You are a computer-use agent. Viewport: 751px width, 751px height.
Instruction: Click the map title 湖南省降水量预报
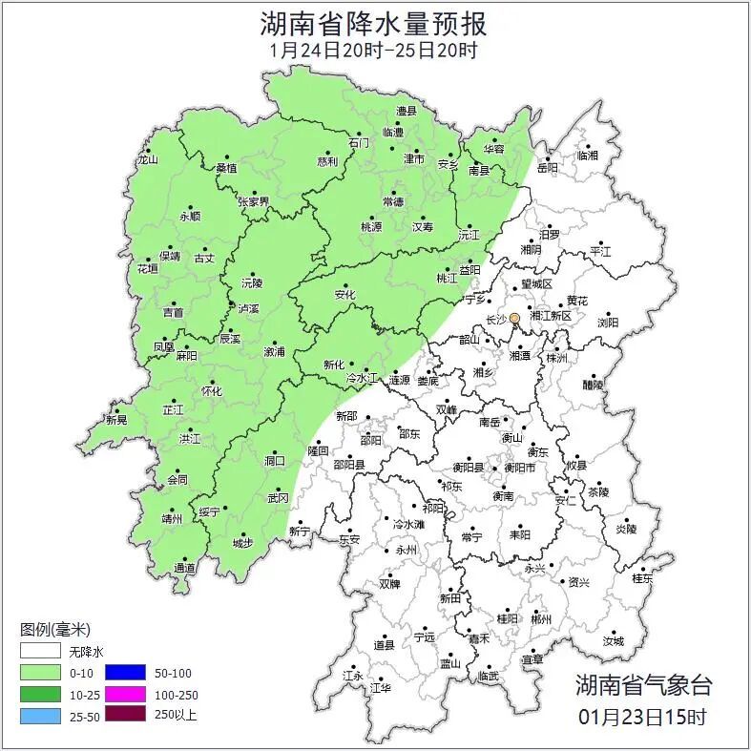[x=374, y=22]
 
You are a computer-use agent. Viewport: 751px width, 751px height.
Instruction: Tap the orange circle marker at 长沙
[x=515, y=318]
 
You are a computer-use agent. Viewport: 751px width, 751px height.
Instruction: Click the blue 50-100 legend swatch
[x=125, y=673]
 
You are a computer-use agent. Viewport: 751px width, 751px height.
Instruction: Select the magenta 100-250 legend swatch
[x=125, y=694]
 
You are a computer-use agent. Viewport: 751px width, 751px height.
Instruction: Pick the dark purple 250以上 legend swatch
[x=125, y=714]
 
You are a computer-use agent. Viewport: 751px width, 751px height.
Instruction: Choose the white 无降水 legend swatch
[x=41, y=652]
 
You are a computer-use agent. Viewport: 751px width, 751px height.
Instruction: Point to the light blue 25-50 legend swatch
[x=41, y=714]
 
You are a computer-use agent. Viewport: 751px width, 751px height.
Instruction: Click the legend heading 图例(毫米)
[x=54, y=630]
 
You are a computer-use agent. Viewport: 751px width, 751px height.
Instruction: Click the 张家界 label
[x=254, y=201]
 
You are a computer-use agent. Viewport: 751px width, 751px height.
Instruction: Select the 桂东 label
[x=642, y=578]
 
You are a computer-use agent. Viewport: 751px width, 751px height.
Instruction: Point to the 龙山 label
[x=146, y=159]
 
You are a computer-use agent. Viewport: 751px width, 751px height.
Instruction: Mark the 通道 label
[x=184, y=569]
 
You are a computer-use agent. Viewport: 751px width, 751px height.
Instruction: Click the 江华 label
[x=381, y=687]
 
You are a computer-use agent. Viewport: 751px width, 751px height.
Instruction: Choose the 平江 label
[x=600, y=252]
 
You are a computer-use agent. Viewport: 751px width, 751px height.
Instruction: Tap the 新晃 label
[x=116, y=420]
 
